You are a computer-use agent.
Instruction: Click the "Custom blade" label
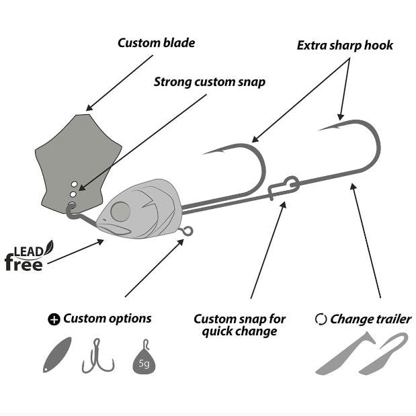coord(156,43)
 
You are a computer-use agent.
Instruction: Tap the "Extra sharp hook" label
coord(345,46)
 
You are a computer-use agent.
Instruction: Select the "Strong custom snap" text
coord(209,82)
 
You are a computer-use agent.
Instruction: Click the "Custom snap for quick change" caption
coord(239,325)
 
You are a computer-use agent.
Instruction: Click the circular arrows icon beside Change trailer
coord(321,319)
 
